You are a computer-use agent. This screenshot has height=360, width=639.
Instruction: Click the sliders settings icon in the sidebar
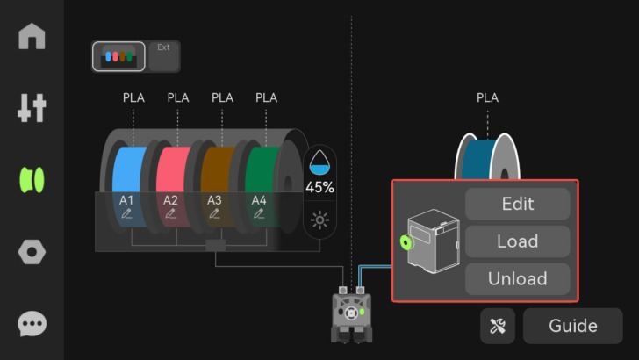pos(32,108)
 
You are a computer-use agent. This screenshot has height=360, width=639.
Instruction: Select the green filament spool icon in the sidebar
pos(32,180)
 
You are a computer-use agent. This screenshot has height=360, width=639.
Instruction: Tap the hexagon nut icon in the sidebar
pos(32,253)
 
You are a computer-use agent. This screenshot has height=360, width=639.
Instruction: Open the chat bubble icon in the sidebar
pos(32,324)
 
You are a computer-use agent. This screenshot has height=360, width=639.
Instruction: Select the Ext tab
pos(164,55)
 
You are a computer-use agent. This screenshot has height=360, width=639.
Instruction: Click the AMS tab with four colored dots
pos(118,56)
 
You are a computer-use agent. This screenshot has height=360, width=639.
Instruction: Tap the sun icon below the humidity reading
pos(319,219)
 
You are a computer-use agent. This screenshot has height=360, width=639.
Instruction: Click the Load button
pos(517,241)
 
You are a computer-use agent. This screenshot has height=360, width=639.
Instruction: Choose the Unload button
pos(517,279)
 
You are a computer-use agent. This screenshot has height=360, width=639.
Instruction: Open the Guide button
pos(572,326)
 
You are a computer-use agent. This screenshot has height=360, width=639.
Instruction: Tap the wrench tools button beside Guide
pos(498,326)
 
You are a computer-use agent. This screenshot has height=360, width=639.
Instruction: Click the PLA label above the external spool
pos(487,97)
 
